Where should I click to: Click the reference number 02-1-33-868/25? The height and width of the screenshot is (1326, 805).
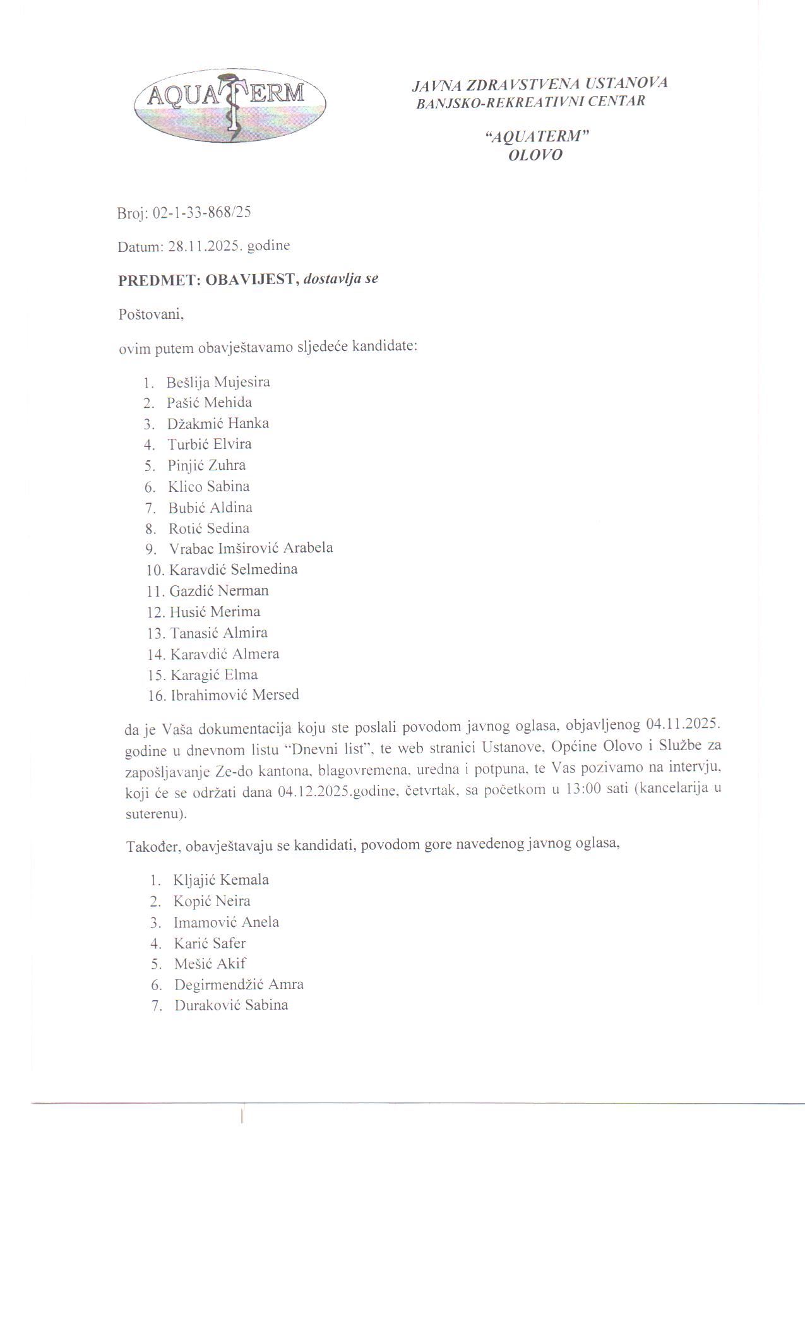coord(202,212)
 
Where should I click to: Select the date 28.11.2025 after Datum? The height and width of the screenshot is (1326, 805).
coord(203,246)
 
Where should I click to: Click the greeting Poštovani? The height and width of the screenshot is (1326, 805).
coord(151,314)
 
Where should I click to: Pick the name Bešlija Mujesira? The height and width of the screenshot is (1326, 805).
coord(218,382)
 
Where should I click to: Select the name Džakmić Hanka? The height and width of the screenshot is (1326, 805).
coord(218,423)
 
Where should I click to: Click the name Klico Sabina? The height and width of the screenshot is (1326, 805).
coord(208,486)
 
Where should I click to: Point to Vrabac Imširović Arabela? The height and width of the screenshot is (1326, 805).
coord(251,547)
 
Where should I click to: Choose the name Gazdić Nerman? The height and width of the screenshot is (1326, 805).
coord(219,590)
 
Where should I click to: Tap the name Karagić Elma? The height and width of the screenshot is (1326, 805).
coord(214,674)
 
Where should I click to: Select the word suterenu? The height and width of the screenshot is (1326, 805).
coord(155,814)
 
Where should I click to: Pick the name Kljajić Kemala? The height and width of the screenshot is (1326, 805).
coord(221,880)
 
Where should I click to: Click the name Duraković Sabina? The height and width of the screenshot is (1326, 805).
coord(231,1005)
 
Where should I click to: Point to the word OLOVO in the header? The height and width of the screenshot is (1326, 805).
coord(535,155)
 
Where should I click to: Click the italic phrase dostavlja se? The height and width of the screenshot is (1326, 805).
coord(341,278)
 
